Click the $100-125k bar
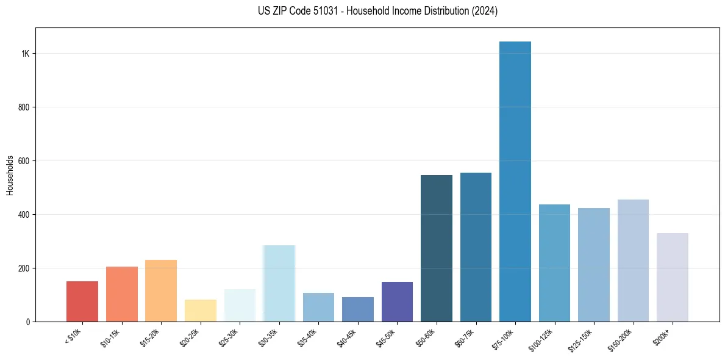coord(554,263)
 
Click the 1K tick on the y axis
coord(26,54)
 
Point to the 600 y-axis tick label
coord(24,161)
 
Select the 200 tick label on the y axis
coord(24,268)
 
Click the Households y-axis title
coord(10,175)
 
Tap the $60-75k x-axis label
coord(466,337)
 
